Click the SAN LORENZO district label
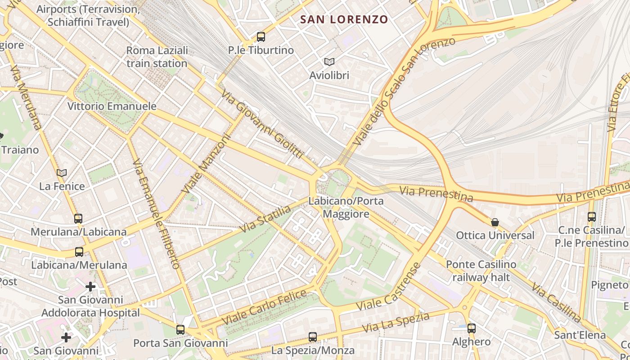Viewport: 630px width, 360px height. click(x=344, y=19)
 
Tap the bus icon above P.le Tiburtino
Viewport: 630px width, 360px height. click(x=261, y=37)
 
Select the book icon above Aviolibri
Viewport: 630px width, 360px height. click(x=329, y=62)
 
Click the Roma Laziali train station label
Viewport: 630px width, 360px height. click(x=157, y=57)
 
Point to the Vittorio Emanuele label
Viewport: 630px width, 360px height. click(x=112, y=106)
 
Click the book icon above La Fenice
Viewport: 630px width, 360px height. click(x=62, y=173)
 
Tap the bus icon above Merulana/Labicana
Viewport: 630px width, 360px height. click(x=78, y=219)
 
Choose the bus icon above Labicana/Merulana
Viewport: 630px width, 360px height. click(x=79, y=252)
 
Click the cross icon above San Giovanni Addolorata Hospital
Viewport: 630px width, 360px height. click(x=90, y=286)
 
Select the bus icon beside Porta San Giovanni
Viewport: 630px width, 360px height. click(x=180, y=330)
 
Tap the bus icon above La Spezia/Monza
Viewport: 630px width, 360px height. click(x=312, y=337)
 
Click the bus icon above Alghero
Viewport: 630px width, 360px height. click(x=471, y=328)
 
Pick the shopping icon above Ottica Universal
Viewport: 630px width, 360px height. click(x=495, y=222)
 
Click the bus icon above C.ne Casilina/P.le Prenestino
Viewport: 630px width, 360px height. click(x=591, y=217)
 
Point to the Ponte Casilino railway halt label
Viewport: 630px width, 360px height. click(x=481, y=270)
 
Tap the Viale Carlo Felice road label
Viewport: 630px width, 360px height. click(x=264, y=308)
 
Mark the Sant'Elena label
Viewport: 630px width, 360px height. click(x=580, y=335)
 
